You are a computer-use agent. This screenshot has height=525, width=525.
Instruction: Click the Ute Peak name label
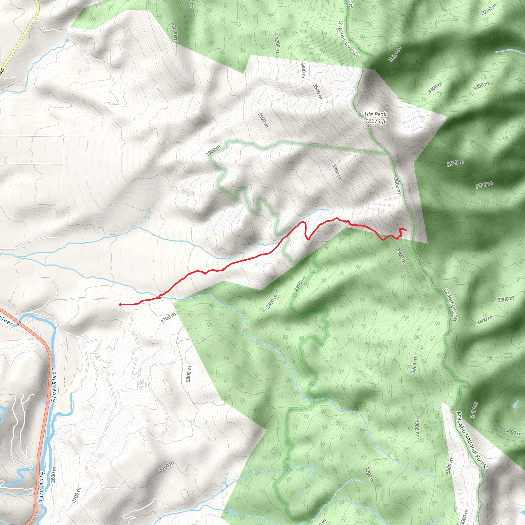coord(376,114)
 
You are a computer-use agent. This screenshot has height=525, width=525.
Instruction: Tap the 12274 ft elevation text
coord(376,121)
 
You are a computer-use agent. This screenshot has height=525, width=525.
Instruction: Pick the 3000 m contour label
coord(175,32)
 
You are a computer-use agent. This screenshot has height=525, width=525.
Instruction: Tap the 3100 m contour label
coord(263,120)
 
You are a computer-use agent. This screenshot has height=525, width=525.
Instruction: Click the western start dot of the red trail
coord(120,305)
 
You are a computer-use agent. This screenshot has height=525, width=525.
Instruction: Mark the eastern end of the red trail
coord(406,230)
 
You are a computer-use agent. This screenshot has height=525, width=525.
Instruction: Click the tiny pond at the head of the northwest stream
coord(67,41)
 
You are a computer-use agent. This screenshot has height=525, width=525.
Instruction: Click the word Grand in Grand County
coord(447,295)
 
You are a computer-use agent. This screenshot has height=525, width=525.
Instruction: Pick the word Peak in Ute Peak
coord(382,114)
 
